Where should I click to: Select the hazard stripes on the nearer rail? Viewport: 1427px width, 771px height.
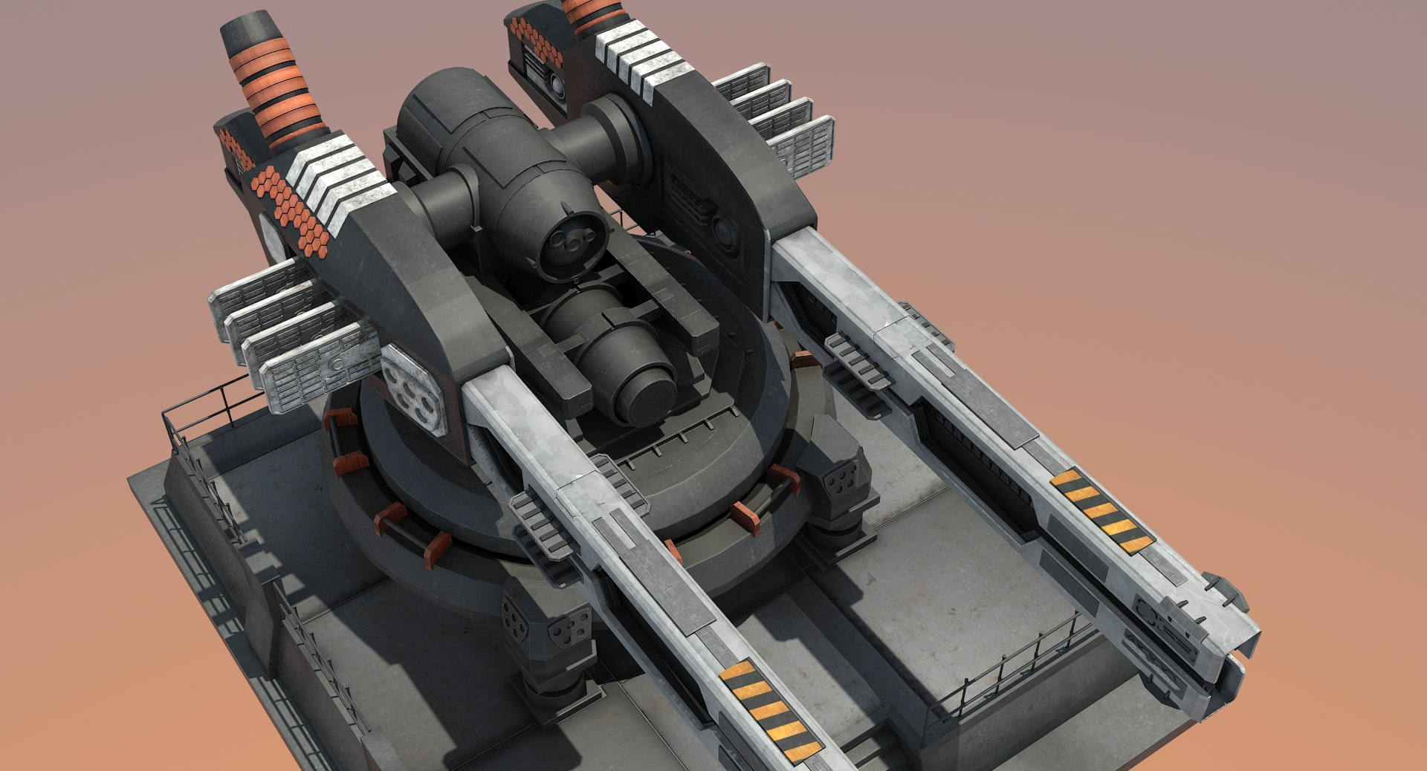click(770, 706)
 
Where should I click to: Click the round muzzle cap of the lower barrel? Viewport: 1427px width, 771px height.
click(651, 400)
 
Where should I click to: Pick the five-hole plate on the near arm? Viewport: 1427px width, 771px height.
click(412, 389)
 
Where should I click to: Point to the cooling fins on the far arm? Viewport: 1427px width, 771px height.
click(777, 119)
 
